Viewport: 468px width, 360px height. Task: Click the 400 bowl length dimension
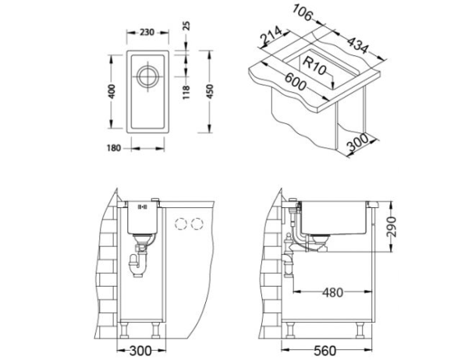[113, 92]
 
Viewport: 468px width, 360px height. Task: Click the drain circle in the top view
[147, 78]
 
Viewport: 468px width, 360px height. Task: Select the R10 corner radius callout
[314, 65]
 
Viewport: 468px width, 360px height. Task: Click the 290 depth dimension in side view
[392, 225]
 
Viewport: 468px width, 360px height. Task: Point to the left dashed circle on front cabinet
[183, 224]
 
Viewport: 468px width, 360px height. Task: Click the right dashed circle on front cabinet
[199, 224]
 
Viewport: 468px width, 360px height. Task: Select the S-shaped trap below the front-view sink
[140, 260]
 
